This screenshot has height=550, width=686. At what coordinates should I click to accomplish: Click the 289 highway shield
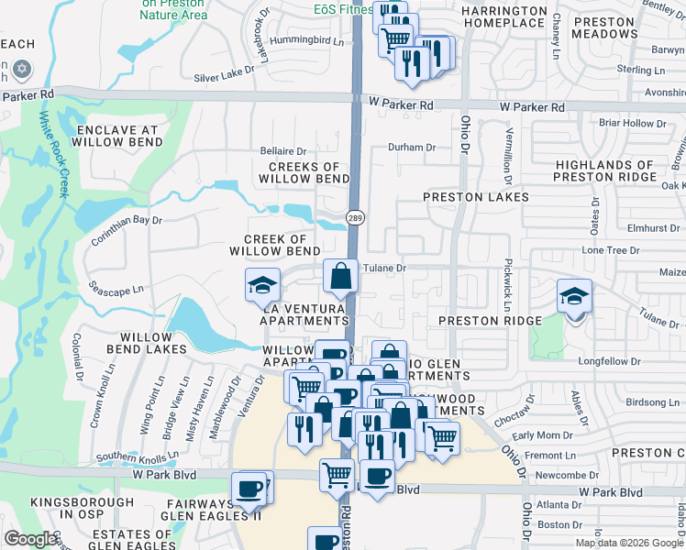[354, 217]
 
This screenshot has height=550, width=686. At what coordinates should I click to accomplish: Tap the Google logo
[30, 538]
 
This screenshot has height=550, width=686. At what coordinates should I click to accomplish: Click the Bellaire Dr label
[283, 151]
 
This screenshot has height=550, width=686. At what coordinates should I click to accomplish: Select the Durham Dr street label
[411, 147]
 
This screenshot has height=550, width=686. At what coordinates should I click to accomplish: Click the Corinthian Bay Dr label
[127, 230]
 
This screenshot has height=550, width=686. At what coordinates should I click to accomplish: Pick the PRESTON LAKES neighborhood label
[476, 197]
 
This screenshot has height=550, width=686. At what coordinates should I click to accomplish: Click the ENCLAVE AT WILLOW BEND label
[120, 137]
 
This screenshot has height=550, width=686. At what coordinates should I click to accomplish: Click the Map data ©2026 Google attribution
[629, 543]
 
